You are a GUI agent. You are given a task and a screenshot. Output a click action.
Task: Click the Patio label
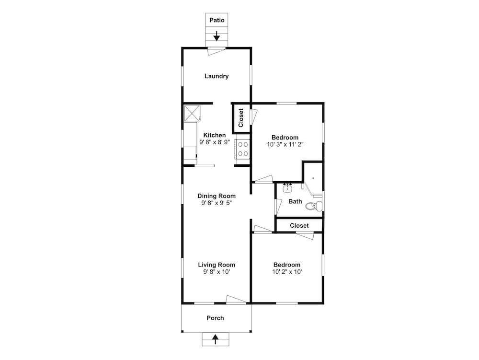coord(217,20)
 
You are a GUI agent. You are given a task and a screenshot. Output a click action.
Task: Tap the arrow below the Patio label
coord(217,36)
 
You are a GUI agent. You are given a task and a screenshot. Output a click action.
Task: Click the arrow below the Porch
coord(216,339)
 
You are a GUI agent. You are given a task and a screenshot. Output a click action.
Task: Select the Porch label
coord(215,318)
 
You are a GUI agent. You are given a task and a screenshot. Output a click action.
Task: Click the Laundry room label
coord(217,76)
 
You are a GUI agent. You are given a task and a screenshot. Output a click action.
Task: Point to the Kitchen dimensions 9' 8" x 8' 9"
coord(215,142)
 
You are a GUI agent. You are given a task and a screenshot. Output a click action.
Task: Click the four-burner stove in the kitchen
coord(242,149)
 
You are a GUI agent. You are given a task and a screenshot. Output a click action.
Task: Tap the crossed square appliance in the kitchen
coord(192,113)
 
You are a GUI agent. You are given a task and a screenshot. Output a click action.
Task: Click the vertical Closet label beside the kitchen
coord(241,118)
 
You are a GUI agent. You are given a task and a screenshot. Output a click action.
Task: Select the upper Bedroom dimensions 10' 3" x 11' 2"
coord(285,145)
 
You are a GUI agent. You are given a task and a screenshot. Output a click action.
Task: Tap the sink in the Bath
coord(287,188)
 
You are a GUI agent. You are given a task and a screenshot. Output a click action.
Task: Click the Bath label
coord(295,201)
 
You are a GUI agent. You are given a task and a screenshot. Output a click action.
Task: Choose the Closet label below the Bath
coord(299,225)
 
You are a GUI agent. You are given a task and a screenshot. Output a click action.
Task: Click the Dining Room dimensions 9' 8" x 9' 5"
coord(217,203)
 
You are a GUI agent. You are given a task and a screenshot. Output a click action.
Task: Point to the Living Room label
coord(217,265)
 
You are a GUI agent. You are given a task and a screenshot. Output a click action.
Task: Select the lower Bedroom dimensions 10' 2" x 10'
coord(287,272)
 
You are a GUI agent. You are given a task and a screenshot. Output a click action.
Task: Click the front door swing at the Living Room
coord(236,300)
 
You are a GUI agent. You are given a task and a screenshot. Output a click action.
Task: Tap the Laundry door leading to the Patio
coord(217,51)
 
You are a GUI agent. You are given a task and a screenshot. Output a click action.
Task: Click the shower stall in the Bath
coord(313,178)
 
